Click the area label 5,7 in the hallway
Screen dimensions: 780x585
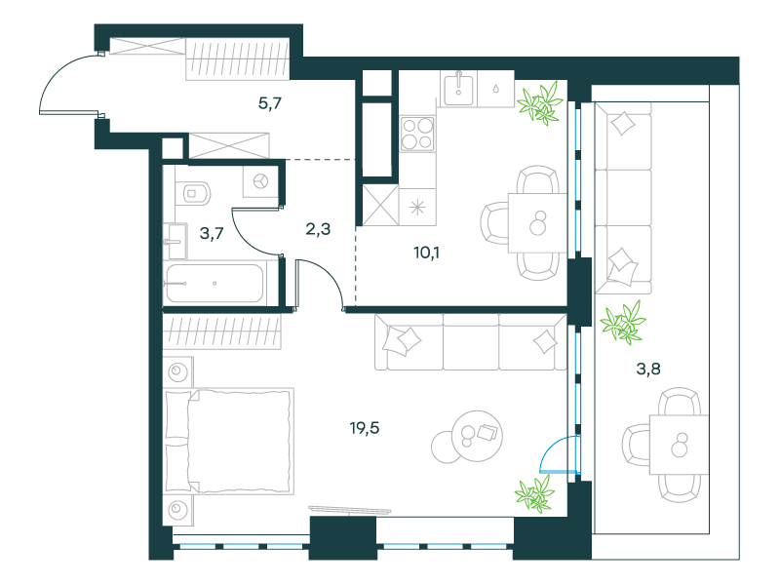(270, 103)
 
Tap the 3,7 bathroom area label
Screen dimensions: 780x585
(212, 233)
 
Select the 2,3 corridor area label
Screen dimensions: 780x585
(318, 229)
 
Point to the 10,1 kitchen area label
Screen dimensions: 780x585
(426, 253)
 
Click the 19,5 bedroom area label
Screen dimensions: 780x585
(365, 428)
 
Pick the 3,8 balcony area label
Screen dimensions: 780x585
(648, 369)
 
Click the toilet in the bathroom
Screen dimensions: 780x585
(194, 192)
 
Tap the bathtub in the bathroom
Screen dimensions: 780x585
(214, 283)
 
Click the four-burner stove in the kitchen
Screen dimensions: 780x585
(417, 134)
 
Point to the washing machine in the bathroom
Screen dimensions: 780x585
(260, 181)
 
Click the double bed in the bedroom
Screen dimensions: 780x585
(229, 442)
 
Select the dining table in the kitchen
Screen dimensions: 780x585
(537, 223)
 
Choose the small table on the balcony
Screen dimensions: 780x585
(679, 445)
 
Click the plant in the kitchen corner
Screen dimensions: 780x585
(540, 103)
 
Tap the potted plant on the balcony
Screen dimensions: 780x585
(623, 323)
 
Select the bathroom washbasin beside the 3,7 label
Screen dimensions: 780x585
(175, 241)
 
